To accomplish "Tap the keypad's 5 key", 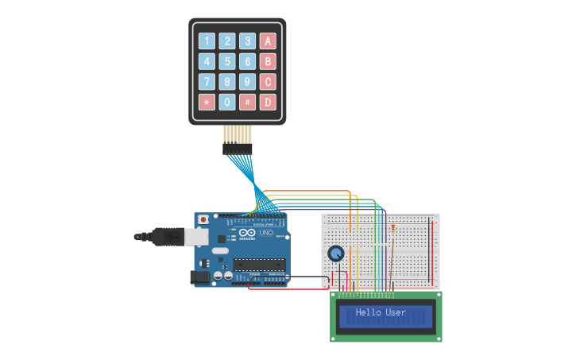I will point(227,62).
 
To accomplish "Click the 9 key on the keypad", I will point(248,82).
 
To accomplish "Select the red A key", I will point(269,41).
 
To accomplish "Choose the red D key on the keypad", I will point(269,103).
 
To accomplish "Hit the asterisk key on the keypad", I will point(207,103).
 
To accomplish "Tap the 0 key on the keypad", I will point(227,103).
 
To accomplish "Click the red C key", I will point(269,82).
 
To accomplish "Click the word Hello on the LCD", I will point(369,313).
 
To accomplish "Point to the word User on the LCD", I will point(396,313).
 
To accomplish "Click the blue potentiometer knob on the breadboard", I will point(336,254).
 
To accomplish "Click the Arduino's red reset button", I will point(203,219).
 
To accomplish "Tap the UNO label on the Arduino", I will point(266,233).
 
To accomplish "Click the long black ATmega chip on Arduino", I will point(258,265).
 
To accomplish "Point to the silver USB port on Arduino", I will point(195,236).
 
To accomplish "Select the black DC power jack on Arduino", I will point(200,277).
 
